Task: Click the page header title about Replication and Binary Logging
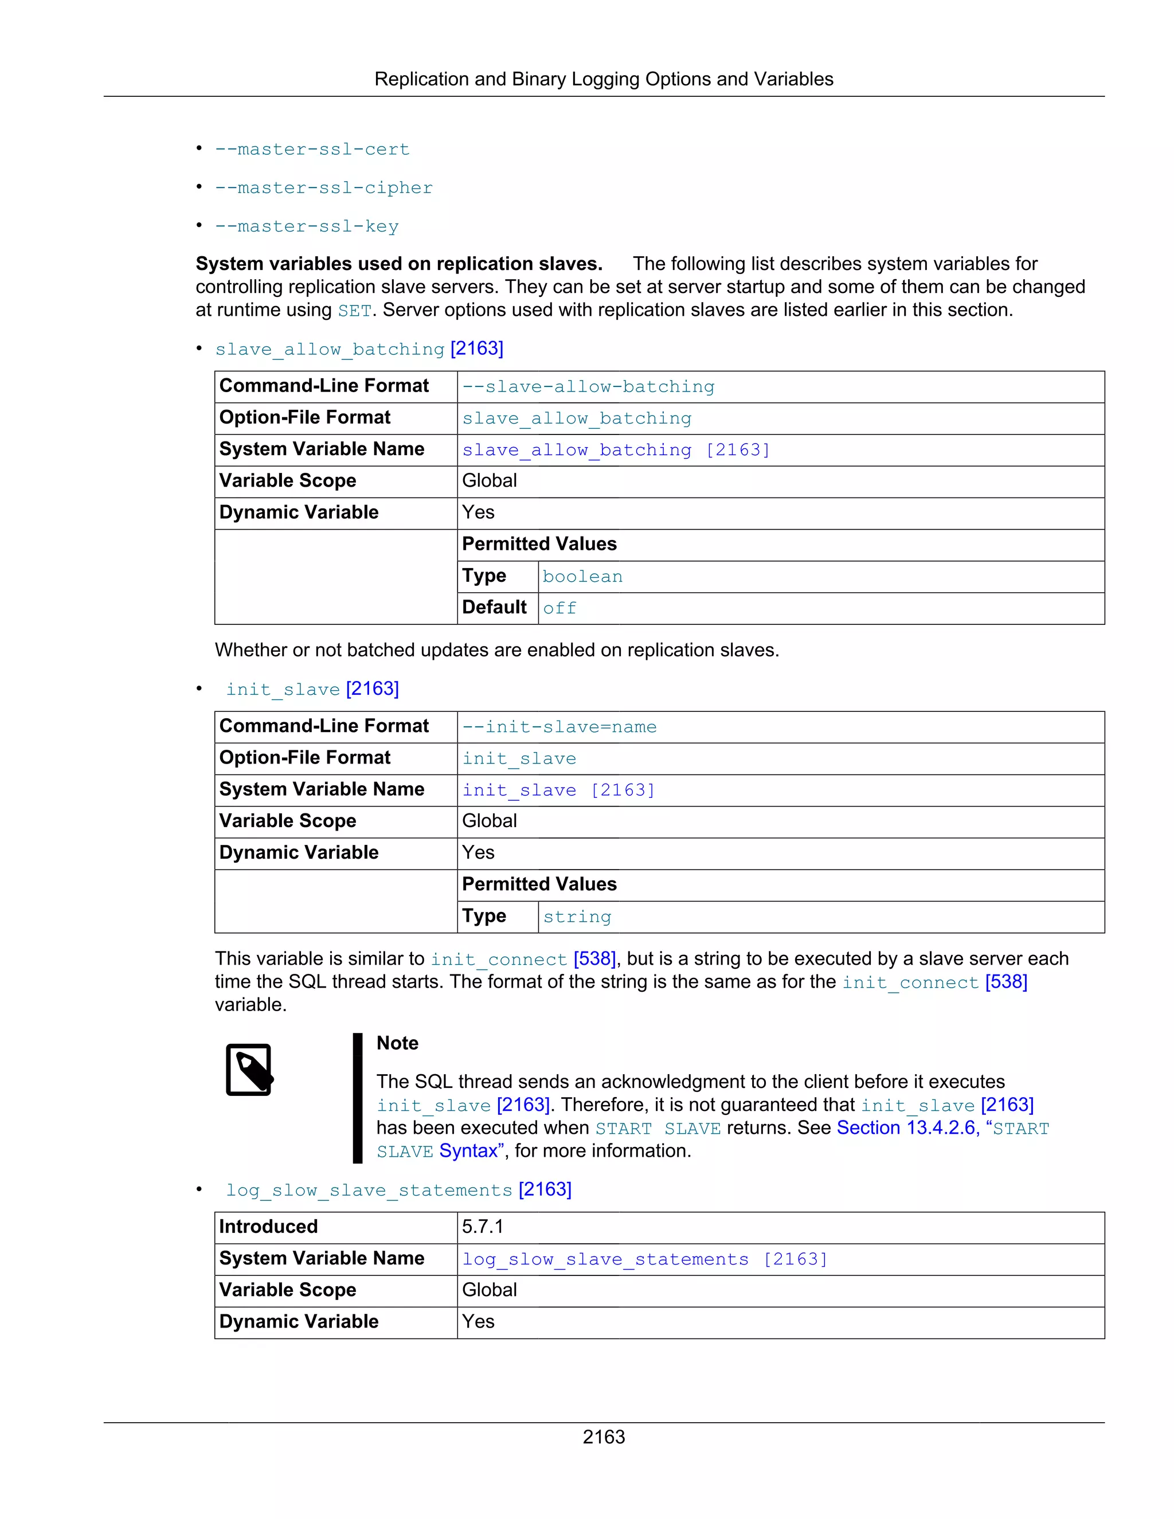(x=603, y=79)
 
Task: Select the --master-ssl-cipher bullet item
(x=323, y=189)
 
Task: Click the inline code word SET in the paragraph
(x=355, y=311)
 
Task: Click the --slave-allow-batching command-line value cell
(x=588, y=387)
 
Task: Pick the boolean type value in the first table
(x=582, y=577)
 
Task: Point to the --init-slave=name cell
(x=559, y=727)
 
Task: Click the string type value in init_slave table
(x=577, y=917)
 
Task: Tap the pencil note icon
(x=249, y=1069)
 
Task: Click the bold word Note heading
(x=397, y=1043)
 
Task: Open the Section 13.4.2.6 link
(x=907, y=1127)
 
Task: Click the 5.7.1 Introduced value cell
(x=482, y=1226)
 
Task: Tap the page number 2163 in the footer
(x=603, y=1436)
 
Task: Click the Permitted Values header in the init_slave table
(x=539, y=884)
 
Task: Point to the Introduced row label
(x=268, y=1226)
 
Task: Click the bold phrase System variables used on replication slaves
(x=398, y=264)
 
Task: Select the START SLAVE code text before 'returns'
(x=658, y=1128)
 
